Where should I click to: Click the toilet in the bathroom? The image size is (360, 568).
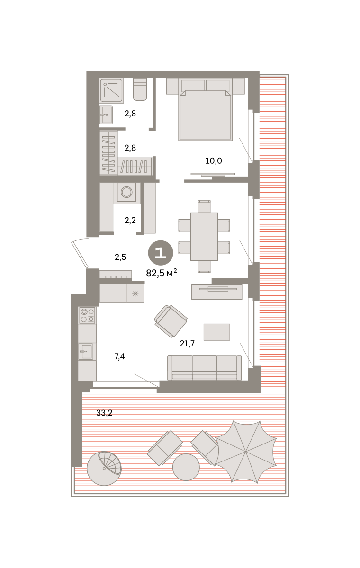140,89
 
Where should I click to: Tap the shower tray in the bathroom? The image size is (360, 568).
111,90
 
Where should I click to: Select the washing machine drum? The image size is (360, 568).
126,192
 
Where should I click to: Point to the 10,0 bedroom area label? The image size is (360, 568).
214,161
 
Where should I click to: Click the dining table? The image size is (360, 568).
204,236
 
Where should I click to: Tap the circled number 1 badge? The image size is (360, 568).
161,253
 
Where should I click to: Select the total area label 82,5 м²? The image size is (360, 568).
162,273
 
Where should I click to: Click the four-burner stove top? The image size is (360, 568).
87,315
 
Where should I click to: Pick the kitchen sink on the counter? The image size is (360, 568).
85,351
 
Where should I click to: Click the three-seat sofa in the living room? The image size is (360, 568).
204,368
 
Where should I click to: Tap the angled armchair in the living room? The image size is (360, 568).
171,321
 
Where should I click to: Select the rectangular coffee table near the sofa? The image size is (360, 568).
217,332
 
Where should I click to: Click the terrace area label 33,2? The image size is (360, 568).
104,413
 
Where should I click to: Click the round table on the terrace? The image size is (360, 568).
186,467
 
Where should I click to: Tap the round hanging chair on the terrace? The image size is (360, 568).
104,468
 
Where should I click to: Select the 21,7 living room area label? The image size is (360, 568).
187,344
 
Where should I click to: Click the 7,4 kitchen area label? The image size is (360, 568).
119,356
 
